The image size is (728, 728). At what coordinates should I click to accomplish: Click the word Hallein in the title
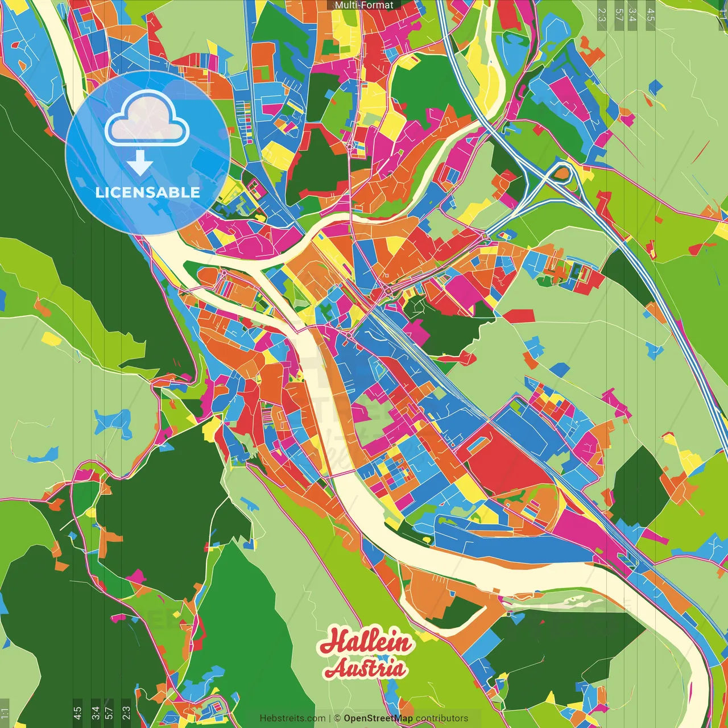point(365,642)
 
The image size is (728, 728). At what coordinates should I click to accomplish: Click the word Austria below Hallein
point(365,668)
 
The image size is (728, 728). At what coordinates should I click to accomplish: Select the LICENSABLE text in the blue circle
point(147,192)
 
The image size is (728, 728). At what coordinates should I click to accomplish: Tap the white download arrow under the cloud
point(140,163)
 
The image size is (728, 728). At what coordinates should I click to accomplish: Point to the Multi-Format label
point(364,5)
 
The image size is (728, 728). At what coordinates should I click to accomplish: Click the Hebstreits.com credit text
point(292,718)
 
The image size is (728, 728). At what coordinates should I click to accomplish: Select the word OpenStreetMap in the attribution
point(378,718)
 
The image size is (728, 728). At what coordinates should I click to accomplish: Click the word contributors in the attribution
point(442,718)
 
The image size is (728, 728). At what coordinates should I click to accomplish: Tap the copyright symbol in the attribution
point(337,718)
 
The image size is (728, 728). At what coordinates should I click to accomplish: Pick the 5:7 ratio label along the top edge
point(619,14)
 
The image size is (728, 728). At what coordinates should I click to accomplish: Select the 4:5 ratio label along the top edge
point(651,14)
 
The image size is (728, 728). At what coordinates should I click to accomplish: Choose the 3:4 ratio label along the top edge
point(632,14)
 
